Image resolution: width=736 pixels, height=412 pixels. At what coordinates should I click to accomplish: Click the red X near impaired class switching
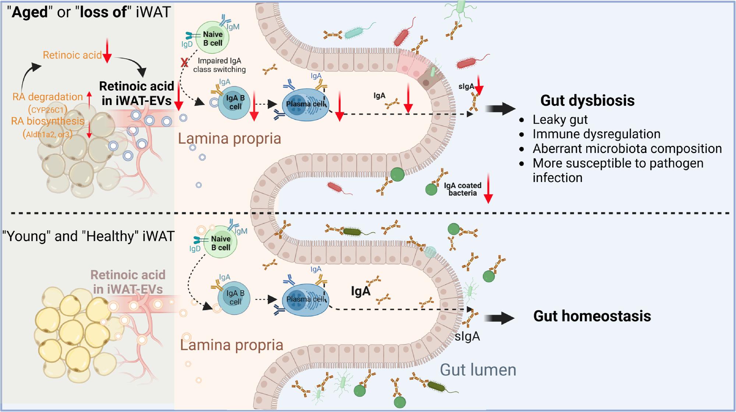coord(184,63)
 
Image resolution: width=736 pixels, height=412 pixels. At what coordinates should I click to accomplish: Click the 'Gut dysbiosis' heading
coord(587,100)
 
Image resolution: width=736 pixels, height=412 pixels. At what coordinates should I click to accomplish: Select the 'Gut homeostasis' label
coord(592,316)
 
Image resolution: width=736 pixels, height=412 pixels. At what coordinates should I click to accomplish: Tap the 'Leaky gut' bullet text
coord(560,119)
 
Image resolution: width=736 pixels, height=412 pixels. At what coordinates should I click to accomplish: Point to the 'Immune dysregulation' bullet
coord(596,134)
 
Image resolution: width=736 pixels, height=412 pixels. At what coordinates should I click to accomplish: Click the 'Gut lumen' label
coord(478,370)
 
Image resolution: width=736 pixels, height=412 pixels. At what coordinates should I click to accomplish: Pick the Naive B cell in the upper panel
coord(212,38)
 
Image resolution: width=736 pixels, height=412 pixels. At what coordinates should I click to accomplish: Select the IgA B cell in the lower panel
coord(235,297)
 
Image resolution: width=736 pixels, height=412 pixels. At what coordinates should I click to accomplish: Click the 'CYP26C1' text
coord(48,109)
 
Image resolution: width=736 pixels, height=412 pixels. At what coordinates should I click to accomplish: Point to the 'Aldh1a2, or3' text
coord(48,134)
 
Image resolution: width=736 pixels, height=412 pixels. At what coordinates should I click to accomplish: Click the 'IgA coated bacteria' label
coord(462,189)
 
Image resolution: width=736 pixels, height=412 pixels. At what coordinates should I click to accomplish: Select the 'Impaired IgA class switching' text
coord(219,65)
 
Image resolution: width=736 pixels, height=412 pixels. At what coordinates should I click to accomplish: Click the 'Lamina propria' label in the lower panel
coord(231,345)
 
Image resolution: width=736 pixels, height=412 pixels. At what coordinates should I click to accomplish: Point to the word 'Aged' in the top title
coord(30,12)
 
